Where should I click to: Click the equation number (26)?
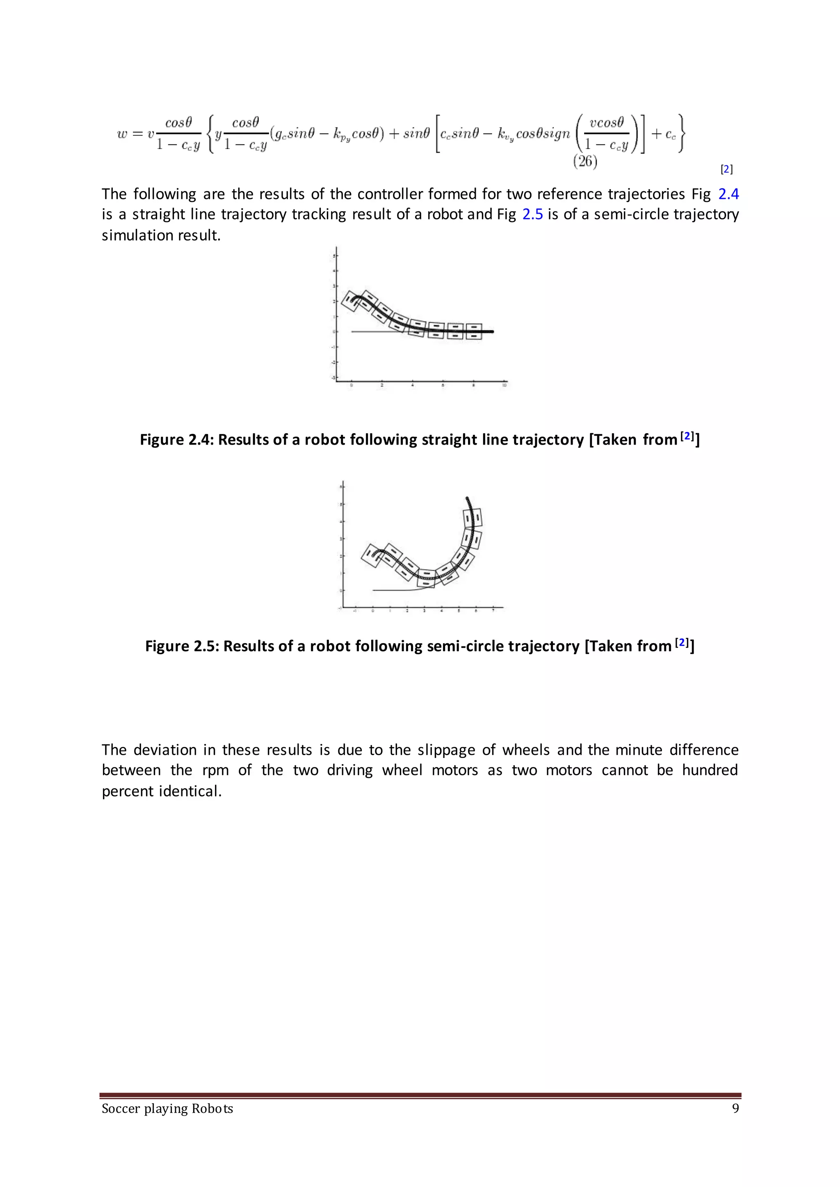(585, 162)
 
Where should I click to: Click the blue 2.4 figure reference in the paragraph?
(728, 194)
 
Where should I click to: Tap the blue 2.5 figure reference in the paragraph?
(532, 214)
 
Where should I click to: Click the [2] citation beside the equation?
(726, 169)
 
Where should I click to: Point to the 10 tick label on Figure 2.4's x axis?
(504, 385)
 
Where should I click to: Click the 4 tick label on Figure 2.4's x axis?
(412, 385)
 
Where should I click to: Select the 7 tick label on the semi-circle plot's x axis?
(493, 611)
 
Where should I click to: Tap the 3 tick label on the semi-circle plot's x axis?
(424, 611)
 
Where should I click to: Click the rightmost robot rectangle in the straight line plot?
(474, 331)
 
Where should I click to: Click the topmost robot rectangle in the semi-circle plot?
(472, 518)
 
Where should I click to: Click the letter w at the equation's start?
(122, 134)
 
